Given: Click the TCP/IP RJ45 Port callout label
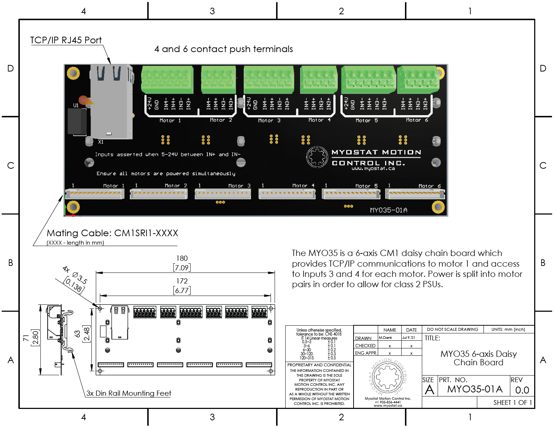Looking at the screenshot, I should [66, 40].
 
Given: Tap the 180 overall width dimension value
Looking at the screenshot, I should [182, 259].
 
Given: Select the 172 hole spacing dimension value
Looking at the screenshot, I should [182, 281].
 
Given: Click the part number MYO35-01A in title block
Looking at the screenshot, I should [474, 389].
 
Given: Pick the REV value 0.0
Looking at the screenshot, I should [522, 390].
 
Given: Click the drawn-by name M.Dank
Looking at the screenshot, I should [385, 338].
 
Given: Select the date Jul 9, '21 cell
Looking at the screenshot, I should [408, 338].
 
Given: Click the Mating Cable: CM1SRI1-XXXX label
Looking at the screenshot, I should [112, 233].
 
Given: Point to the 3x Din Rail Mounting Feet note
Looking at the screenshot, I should [128, 394].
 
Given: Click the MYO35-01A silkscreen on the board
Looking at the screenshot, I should [388, 210].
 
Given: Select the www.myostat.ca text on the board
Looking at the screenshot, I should [373, 169].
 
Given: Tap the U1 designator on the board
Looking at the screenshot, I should [76, 105].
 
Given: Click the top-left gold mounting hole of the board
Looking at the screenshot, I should [73, 73].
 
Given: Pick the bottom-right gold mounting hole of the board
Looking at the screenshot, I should [438, 207].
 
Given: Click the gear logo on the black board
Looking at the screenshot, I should [317, 157].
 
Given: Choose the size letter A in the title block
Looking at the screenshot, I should [429, 390].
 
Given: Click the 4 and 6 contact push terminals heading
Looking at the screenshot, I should [224, 49].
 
